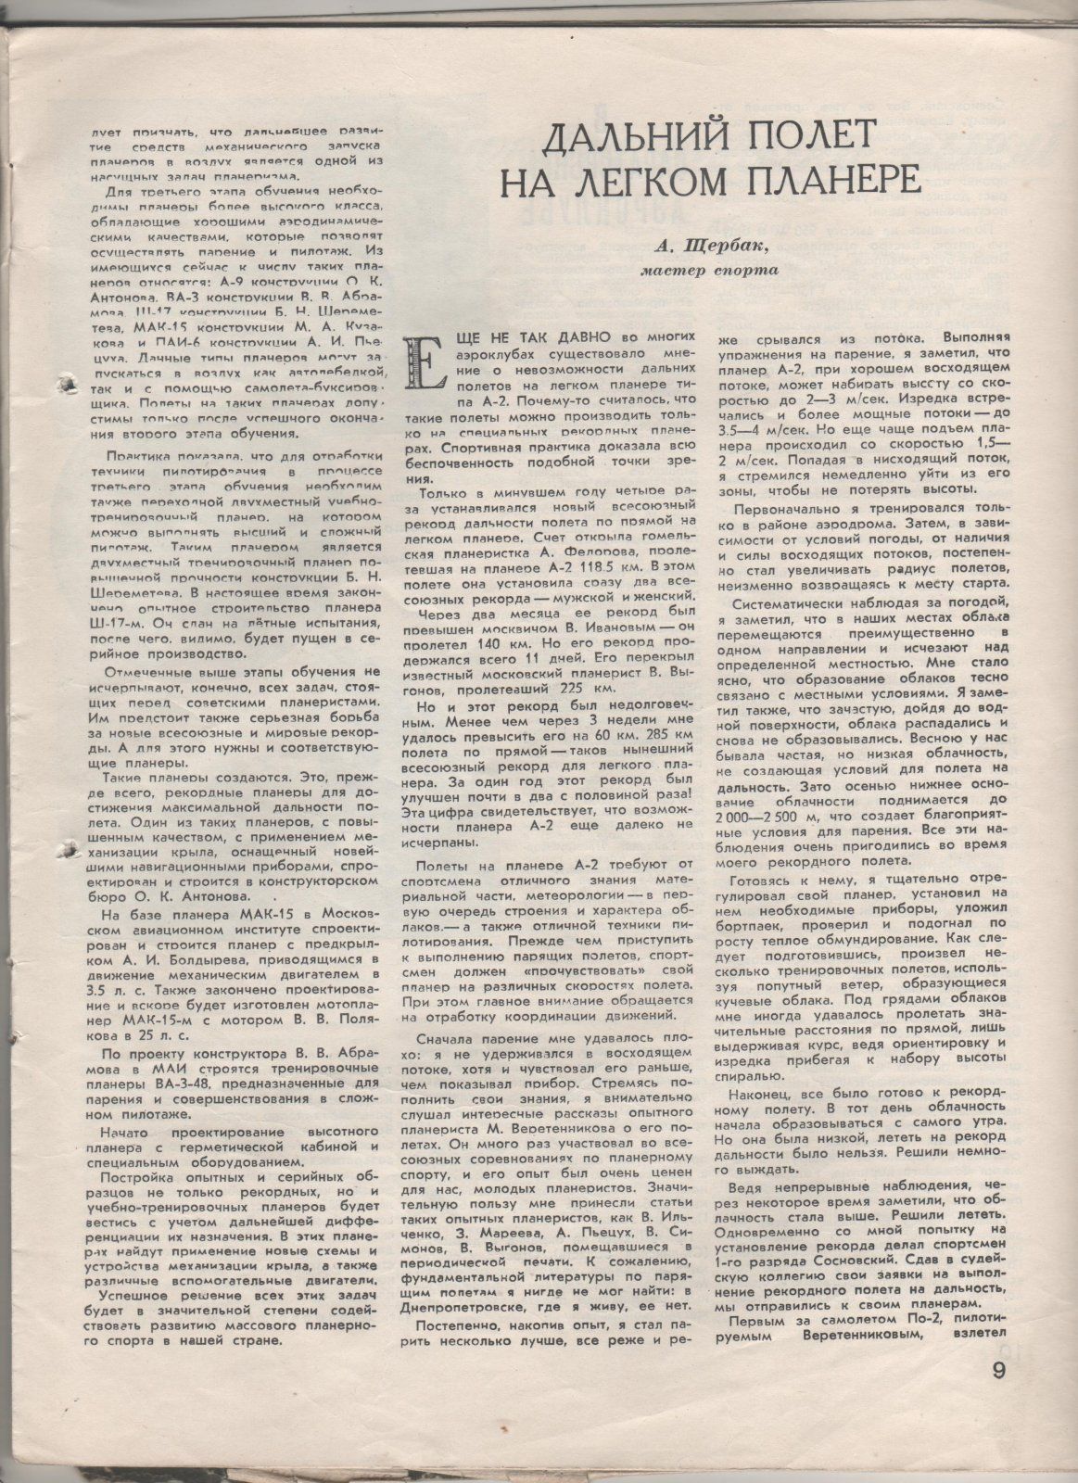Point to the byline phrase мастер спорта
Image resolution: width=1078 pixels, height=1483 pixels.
(x=709, y=271)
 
